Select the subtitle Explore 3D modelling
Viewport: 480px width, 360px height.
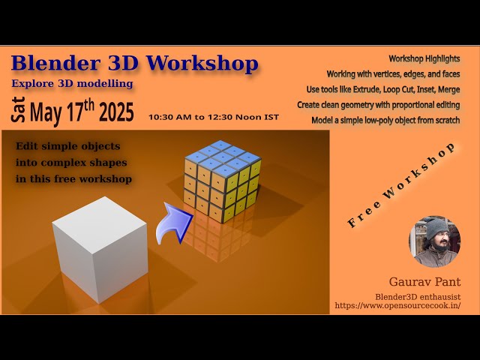(72, 83)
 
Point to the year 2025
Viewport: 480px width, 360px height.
(116, 112)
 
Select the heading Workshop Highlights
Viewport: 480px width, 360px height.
(424, 58)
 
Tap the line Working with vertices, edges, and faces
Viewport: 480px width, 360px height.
(393, 74)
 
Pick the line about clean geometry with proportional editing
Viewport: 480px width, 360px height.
(378, 105)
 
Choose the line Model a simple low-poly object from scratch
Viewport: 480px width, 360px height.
(385, 120)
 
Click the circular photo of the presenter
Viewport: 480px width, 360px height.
(434, 241)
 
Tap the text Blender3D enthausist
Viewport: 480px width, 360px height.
(418, 296)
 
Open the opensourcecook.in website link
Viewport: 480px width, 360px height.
(397, 306)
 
